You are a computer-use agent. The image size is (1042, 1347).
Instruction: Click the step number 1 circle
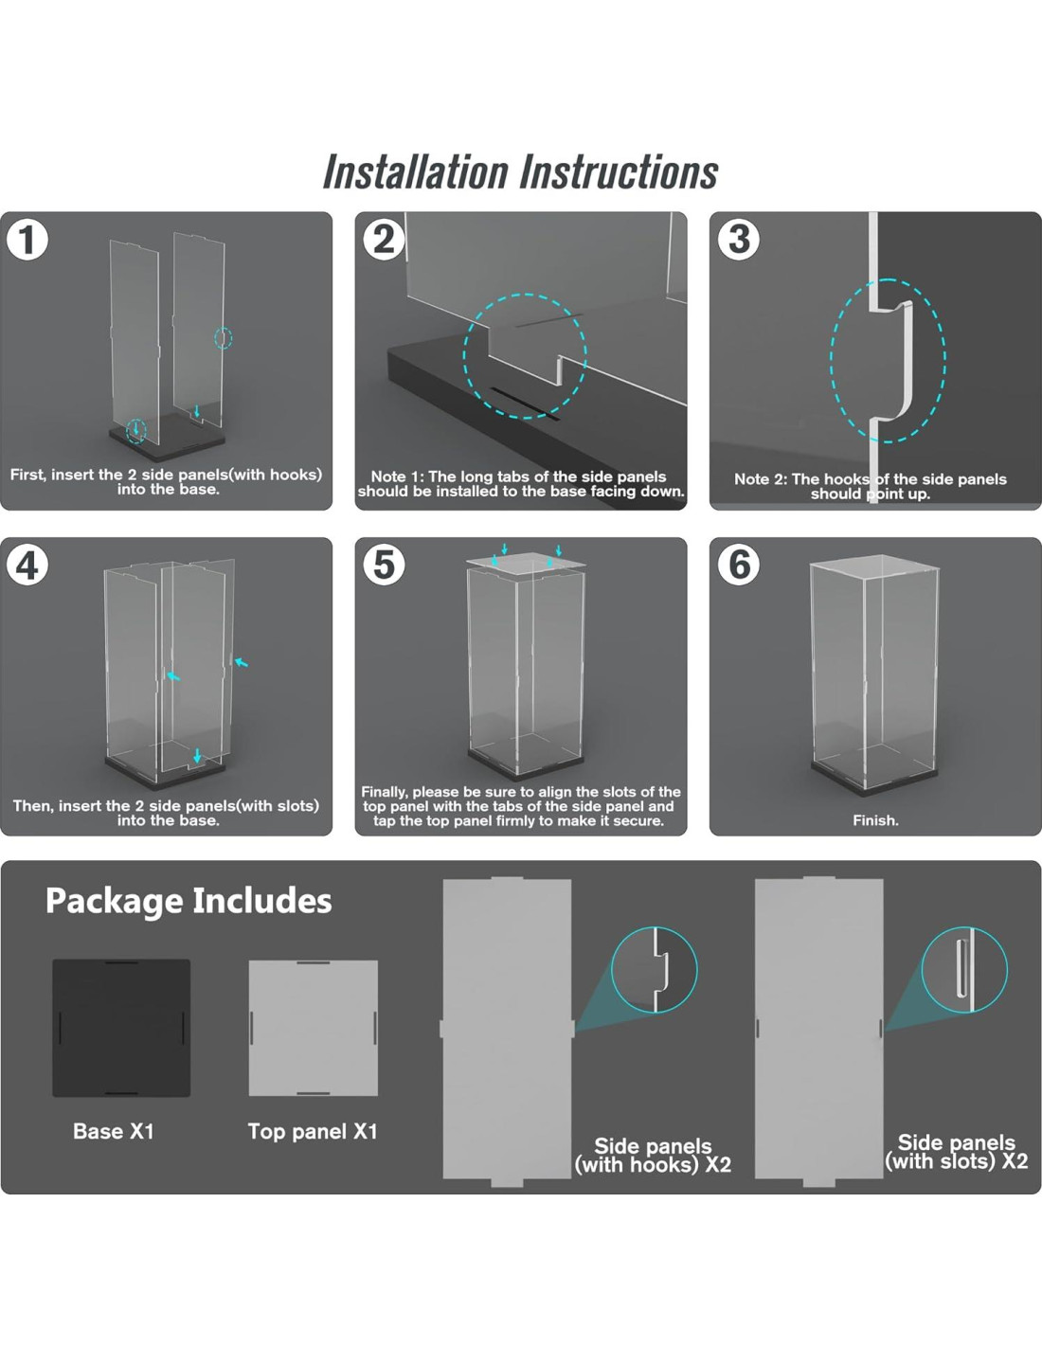tap(27, 240)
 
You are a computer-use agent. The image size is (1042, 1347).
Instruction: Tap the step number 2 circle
tap(384, 240)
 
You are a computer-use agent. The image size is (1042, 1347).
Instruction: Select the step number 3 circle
tap(738, 240)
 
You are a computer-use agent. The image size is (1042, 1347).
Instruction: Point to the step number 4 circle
tap(27, 565)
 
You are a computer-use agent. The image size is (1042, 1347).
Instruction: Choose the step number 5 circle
tap(384, 565)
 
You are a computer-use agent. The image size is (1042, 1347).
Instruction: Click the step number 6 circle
tap(738, 565)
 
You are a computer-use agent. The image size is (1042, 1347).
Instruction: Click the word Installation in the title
tap(415, 171)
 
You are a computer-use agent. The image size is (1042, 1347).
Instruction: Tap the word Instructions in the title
tap(619, 171)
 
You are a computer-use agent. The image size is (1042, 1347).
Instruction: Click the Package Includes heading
tap(189, 901)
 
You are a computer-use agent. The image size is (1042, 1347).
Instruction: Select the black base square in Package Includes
tap(121, 1028)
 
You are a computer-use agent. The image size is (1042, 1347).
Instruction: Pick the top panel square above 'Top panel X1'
tap(313, 1028)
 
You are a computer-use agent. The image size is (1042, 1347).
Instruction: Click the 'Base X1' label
tap(114, 1131)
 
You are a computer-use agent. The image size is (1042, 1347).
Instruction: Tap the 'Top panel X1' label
tap(313, 1132)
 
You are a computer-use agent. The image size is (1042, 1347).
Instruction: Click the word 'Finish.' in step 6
tap(875, 820)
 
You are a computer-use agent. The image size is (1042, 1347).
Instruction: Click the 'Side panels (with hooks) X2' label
tap(653, 1155)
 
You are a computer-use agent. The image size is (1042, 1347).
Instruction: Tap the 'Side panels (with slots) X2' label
tap(957, 1152)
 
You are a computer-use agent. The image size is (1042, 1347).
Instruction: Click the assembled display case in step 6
tap(874, 675)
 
